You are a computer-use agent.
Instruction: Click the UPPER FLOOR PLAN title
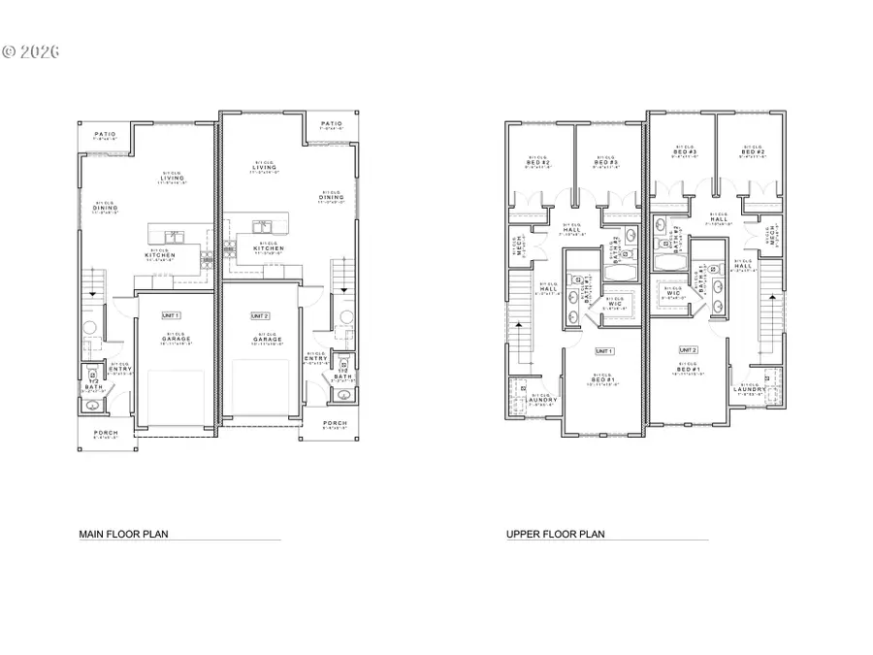point(555,534)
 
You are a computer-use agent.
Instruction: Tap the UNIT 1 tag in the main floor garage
point(171,314)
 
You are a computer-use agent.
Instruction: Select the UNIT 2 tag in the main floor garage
point(259,316)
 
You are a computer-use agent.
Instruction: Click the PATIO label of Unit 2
point(332,124)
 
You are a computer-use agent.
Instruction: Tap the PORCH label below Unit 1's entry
point(105,432)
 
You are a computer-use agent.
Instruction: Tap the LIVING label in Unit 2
point(264,167)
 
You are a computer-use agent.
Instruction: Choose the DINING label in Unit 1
point(105,207)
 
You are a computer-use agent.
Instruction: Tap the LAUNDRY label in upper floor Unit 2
point(751,390)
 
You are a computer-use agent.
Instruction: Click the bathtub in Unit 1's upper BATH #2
point(617,271)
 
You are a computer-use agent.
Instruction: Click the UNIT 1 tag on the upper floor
point(604,350)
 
